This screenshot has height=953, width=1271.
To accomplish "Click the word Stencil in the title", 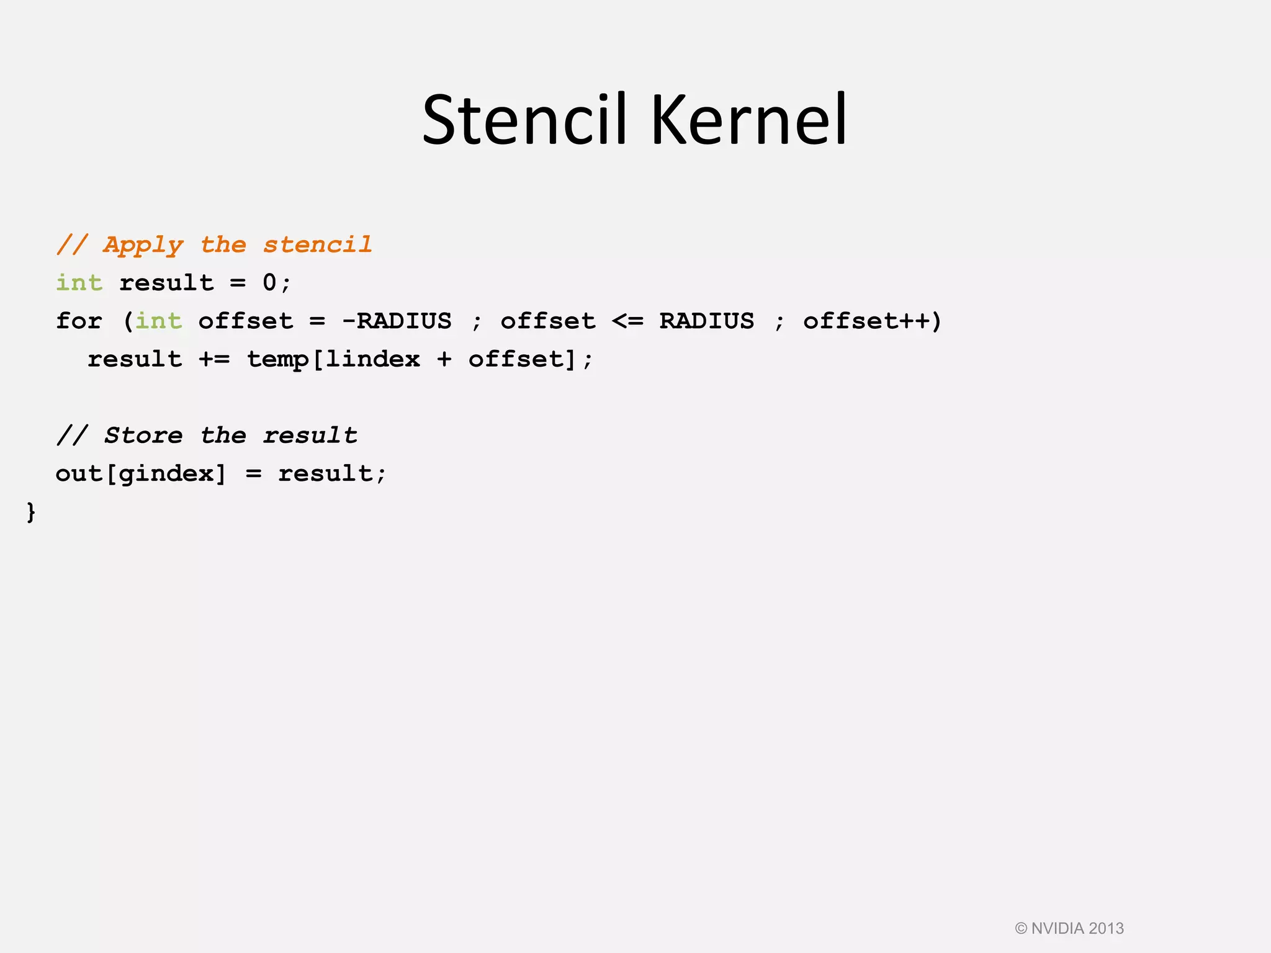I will click(x=524, y=119).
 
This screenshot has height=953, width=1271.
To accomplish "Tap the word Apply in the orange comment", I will click(x=143, y=245).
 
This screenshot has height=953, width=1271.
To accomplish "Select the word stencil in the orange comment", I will click(x=318, y=245).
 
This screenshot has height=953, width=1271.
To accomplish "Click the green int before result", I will click(x=79, y=283).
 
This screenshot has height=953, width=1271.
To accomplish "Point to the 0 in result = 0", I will click(x=269, y=283).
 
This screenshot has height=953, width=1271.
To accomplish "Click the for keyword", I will click(x=79, y=321).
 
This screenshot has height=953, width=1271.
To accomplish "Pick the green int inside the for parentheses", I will click(x=158, y=321).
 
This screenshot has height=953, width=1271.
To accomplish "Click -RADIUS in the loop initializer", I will click(x=397, y=321).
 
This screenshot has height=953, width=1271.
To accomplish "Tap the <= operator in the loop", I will click(x=627, y=321).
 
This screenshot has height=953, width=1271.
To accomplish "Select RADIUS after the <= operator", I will click(x=707, y=321).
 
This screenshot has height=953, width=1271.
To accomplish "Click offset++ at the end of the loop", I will click(x=866, y=321).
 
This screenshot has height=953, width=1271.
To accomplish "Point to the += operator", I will click(x=214, y=359).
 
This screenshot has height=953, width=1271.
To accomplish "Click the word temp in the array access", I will click(x=277, y=359).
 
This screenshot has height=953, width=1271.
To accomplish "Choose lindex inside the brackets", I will click(x=373, y=359).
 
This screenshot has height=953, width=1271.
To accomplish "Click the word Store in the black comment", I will click(x=143, y=436).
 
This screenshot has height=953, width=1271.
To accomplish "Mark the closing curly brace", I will click(x=31, y=512).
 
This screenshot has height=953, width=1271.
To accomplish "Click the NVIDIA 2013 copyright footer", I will click(x=1069, y=929).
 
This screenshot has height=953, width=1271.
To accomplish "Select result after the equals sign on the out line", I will click(x=325, y=474).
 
